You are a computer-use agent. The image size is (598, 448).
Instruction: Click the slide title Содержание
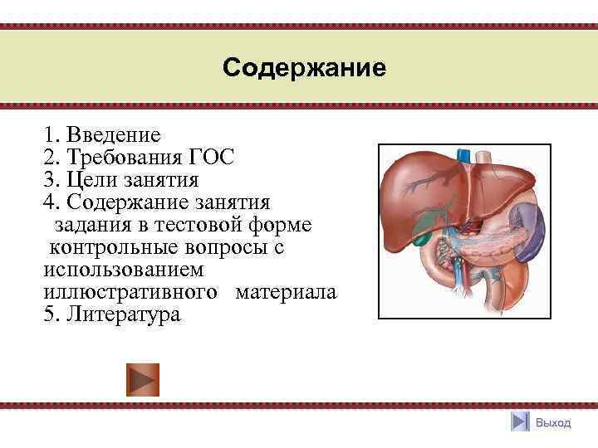click(304, 67)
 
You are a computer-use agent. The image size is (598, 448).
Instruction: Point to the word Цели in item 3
click(91, 180)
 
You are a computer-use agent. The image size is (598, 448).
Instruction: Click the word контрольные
click(113, 248)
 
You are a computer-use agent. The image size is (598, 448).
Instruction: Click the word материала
click(286, 293)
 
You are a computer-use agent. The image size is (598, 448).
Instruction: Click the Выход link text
click(553, 423)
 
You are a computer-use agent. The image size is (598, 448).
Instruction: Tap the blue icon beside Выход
click(520, 422)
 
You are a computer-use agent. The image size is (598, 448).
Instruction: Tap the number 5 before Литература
click(47, 316)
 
